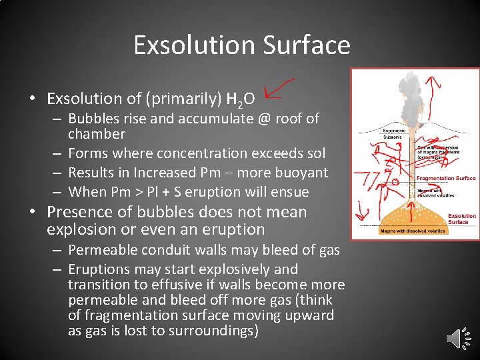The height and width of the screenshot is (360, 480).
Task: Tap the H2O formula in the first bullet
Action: tap(241, 100)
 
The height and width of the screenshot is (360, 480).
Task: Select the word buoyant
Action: tap(303, 173)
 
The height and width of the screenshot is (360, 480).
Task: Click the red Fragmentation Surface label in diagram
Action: tap(446, 179)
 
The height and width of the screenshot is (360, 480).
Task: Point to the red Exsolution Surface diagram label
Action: tap(461, 219)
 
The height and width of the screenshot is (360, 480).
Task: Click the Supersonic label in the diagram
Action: tap(395, 131)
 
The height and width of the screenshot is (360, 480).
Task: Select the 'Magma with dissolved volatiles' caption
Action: tap(413, 231)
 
